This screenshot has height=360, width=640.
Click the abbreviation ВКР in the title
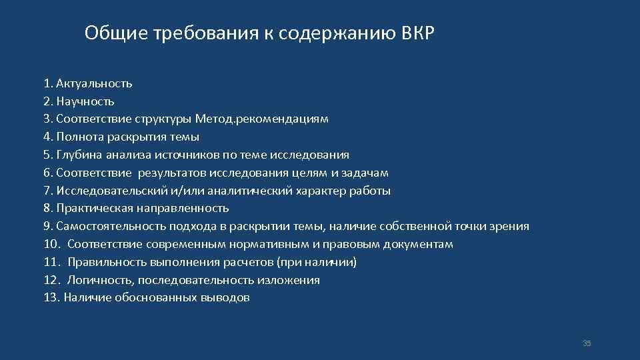(418, 33)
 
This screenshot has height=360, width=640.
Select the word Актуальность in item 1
(94, 83)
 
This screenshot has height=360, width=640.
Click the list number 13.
(51, 298)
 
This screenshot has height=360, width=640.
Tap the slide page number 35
(587, 343)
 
